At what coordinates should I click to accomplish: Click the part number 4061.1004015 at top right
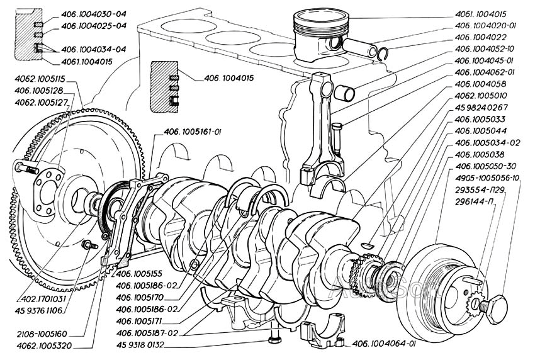pos(480,14)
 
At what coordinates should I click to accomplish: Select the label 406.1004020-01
pos(485,26)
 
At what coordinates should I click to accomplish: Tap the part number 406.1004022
pos(480,37)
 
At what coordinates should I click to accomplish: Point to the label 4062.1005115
pos(40,79)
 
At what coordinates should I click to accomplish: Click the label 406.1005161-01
pos(193,132)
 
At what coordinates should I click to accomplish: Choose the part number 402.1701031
pos(42,299)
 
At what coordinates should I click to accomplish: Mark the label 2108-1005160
pos(42,334)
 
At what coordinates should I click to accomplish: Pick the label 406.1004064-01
pos(383,344)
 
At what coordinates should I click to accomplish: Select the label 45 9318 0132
pos(140,345)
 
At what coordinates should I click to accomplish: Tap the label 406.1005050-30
pos(485,166)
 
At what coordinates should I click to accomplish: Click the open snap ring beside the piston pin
pos(383,53)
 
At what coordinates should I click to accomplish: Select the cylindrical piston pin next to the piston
pos(359,48)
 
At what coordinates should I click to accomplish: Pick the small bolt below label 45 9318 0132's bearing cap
pos(274,339)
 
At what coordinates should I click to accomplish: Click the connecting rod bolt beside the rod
pos(337,140)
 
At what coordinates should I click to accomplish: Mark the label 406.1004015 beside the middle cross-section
pos(228,78)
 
